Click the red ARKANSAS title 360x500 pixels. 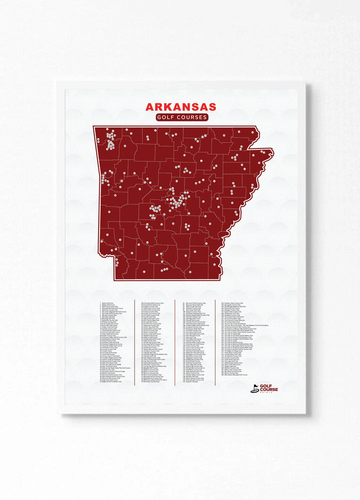tap(180, 107)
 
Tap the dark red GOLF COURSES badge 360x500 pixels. tap(180, 117)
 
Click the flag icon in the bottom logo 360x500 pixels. tap(255, 388)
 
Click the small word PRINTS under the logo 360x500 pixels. tap(272, 393)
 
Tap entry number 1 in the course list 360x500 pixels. tap(107, 302)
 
